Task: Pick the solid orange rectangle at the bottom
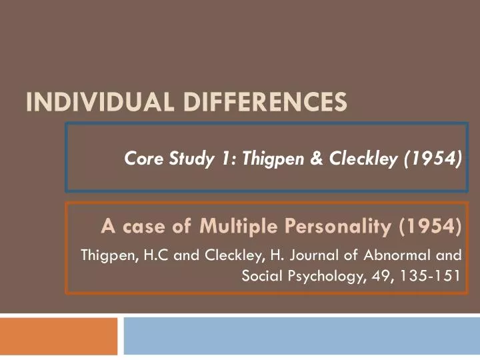59,336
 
